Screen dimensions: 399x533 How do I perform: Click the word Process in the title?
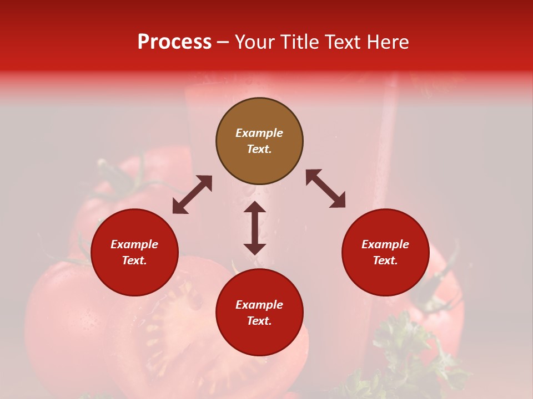click(x=174, y=42)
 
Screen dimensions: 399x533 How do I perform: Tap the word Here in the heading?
click(x=386, y=42)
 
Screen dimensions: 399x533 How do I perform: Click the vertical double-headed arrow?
click(x=255, y=228)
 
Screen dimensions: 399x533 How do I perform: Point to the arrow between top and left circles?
click(x=192, y=195)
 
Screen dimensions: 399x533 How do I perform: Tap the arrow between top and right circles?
click(x=325, y=188)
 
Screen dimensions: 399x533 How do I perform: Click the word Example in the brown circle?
click(x=259, y=133)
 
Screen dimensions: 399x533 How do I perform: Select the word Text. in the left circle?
click(x=134, y=260)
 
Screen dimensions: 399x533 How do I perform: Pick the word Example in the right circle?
click(x=385, y=244)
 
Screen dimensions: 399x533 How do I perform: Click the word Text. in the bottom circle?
click(x=259, y=321)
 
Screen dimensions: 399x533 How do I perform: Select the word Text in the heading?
click(x=342, y=42)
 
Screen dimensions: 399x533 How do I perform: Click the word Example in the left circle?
click(x=134, y=244)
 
